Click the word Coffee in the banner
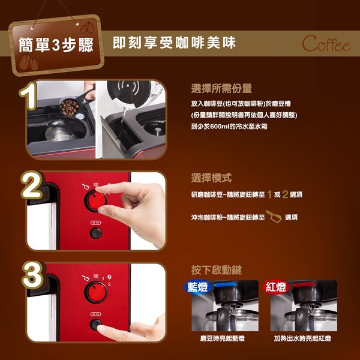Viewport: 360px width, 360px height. pyautogui.click(x=326, y=44)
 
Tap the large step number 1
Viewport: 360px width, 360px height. pyautogui.click(x=28, y=96)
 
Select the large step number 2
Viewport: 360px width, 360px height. pyautogui.click(x=32, y=185)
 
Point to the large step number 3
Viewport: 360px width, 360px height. pyautogui.click(x=33, y=275)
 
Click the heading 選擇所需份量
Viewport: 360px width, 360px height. pyautogui.click(x=221, y=88)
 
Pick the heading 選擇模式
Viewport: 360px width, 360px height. pyautogui.click(x=211, y=178)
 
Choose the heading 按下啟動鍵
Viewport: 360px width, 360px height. pyautogui.click(x=216, y=270)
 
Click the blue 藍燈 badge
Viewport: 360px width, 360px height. pyautogui.click(x=197, y=287)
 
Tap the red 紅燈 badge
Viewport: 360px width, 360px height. pyautogui.click(x=276, y=287)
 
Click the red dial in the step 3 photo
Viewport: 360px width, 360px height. pyautogui.click(x=96, y=292)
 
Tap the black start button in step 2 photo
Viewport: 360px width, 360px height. pyautogui.click(x=96, y=233)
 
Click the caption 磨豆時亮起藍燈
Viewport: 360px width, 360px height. pyautogui.click(x=222, y=338)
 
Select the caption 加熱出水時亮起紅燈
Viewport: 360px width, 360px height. pyautogui.click(x=302, y=338)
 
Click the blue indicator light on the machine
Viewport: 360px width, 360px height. pyautogui.click(x=225, y=284)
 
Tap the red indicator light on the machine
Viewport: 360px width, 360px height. pyautogui.click(x=304, y=284)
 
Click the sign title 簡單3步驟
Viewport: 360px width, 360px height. pyautogui.click(x=56, y=45)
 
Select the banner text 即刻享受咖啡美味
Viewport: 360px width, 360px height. pyautogui.click(x=174, y=43)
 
